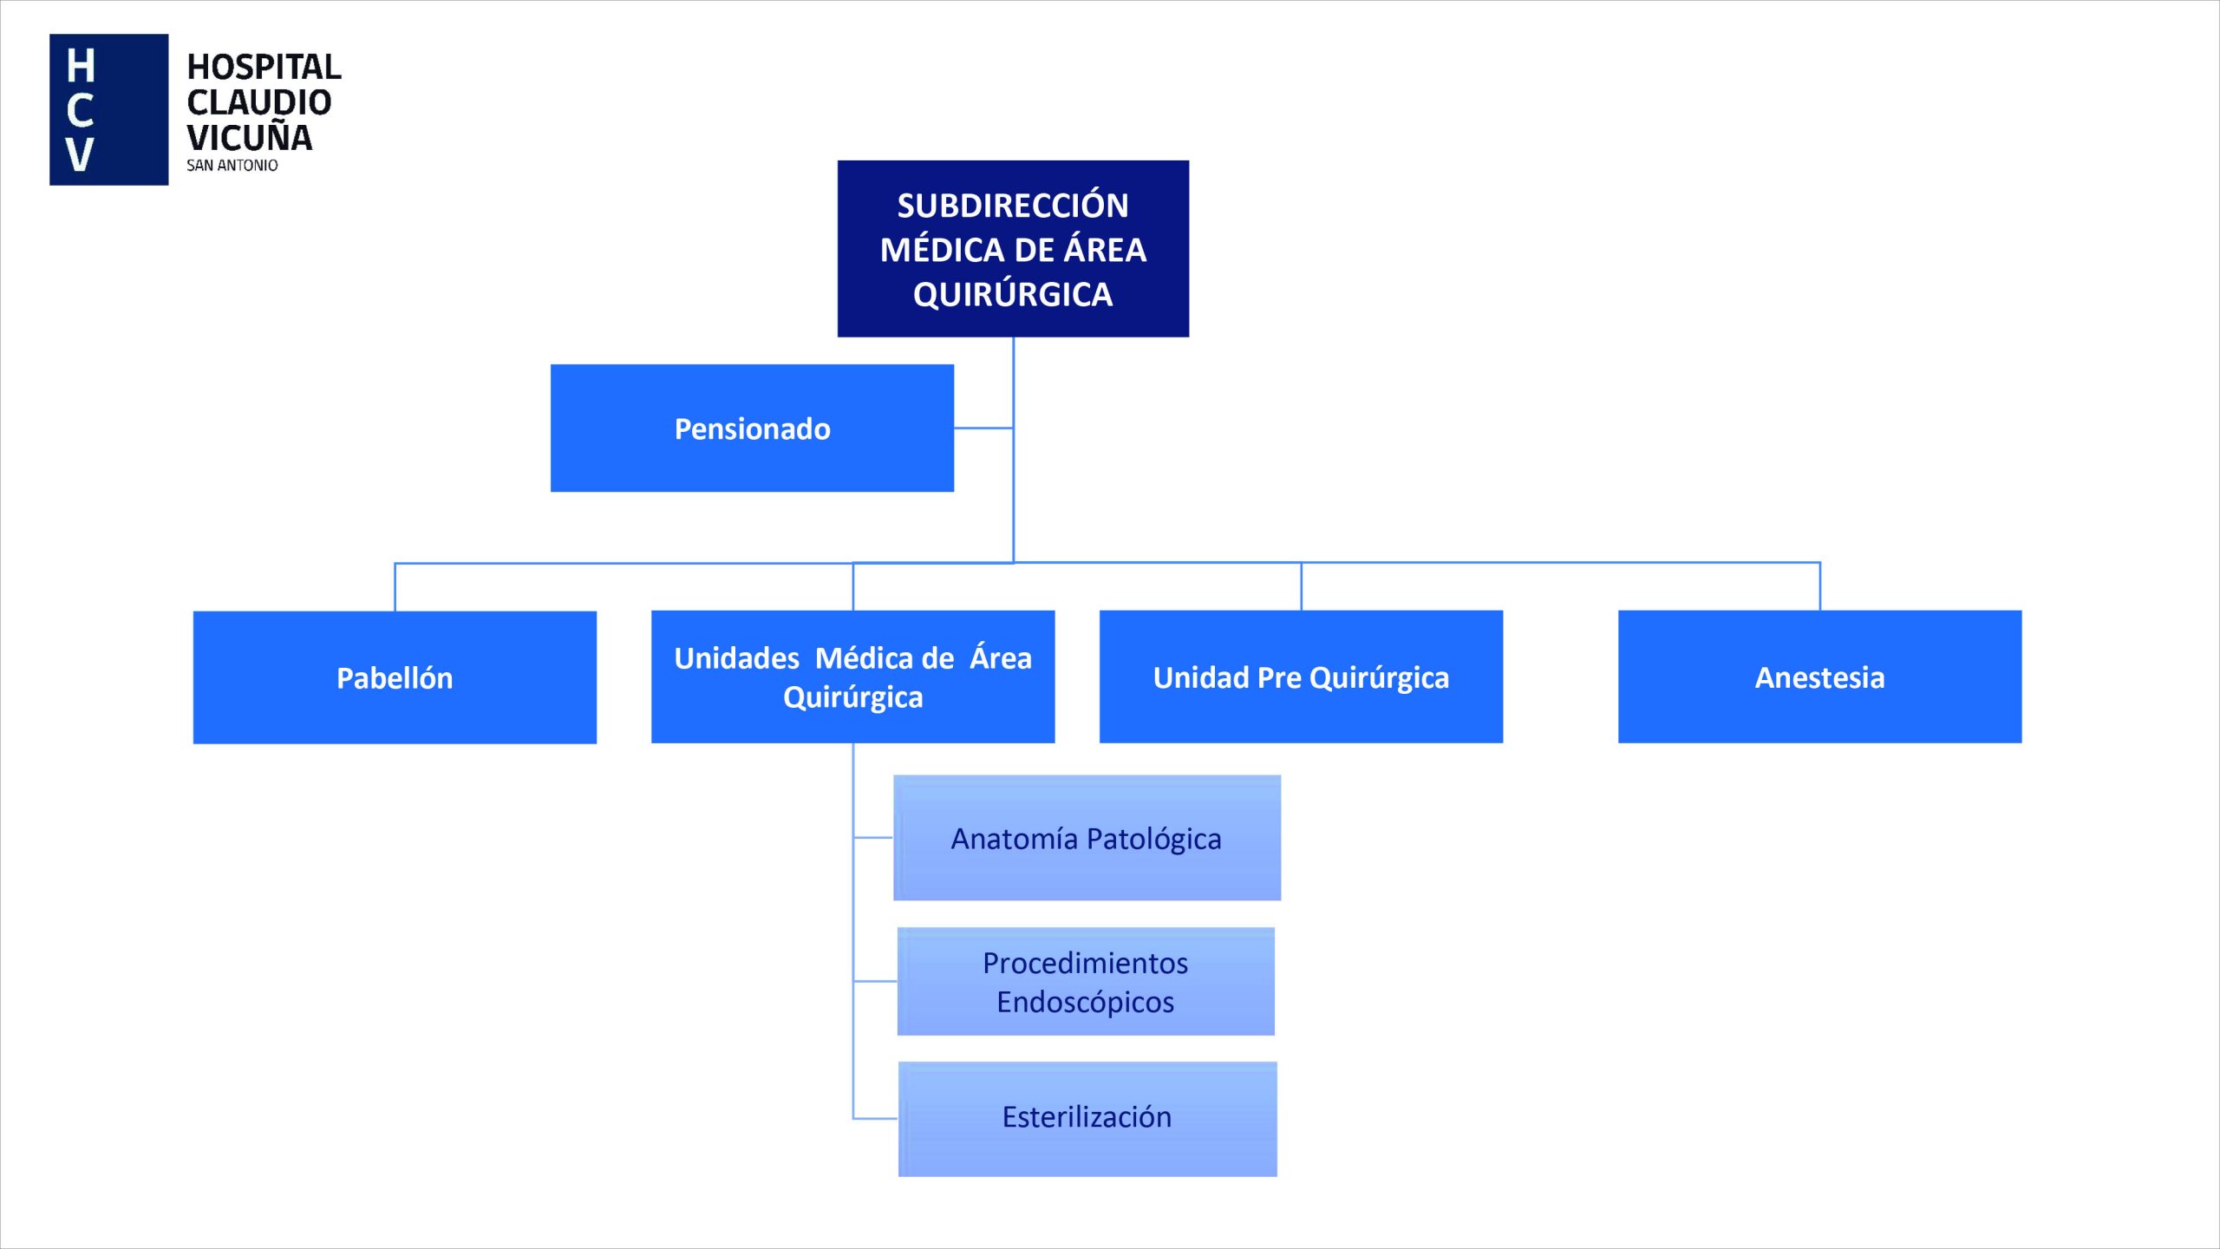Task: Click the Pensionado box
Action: pos(752,428)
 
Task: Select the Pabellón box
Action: pos(395,677)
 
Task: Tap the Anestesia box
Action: pos(1819,677)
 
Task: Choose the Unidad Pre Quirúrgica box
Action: pos(1301,677)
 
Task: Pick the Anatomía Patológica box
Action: pos(1087,838)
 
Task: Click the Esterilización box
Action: pos(1087,1118)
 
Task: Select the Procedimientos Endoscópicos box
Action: pos(1086,981)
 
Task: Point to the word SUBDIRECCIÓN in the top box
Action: pos(1013,206)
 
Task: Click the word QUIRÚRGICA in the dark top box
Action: pos(1013,295)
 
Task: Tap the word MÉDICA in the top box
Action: pos(942,251)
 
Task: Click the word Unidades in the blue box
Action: pos(736,658)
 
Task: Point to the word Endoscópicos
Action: pos(1085,1002)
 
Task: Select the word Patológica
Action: pos(1153,839)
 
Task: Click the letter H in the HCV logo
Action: pos(81,66)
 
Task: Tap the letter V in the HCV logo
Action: pos(80,154)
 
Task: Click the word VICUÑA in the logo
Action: pos(250,138)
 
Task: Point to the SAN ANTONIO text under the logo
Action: pos(232,166)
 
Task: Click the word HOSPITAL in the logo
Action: pos(264,67)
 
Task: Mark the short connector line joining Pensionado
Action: pos(983,428)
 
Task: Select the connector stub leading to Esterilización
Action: pos(876,1118)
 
